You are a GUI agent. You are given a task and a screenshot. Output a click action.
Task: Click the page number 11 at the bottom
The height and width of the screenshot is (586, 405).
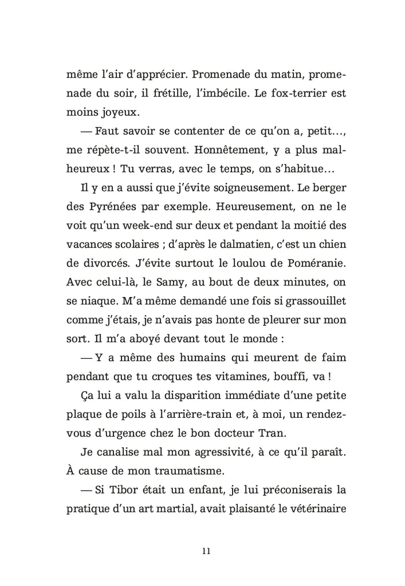click(203, 550)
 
